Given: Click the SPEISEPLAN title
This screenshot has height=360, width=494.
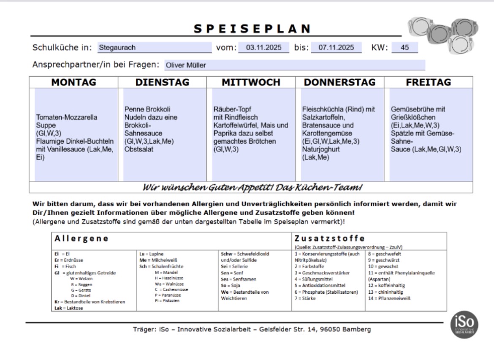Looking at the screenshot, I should click(252, 29).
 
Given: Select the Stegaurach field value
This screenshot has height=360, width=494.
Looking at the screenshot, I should click(117, 48).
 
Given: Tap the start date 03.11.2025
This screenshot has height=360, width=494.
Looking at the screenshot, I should click(264, 48).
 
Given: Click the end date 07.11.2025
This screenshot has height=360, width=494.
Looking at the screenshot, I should click(336, 48).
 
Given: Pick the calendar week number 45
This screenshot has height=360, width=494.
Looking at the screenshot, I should click(404, 48).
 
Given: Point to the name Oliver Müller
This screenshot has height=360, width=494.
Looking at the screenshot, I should click(186, 65).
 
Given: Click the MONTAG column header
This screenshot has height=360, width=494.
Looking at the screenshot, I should click(73, 82).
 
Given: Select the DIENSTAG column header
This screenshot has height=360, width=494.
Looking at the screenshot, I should click(162, 82).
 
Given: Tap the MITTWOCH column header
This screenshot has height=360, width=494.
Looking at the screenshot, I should click(251, 82).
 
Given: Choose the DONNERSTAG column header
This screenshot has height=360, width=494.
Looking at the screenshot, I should click(339, 82).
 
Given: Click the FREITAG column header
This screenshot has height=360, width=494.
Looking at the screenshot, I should click(428, 82).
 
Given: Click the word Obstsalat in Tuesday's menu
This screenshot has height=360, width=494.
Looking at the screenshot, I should click(139, 149).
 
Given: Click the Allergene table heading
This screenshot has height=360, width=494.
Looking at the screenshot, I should click(81, 239).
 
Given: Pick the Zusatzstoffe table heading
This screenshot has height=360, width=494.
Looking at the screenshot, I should click(329, 238).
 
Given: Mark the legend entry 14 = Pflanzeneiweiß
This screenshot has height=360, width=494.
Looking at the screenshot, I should click(390, 298).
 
